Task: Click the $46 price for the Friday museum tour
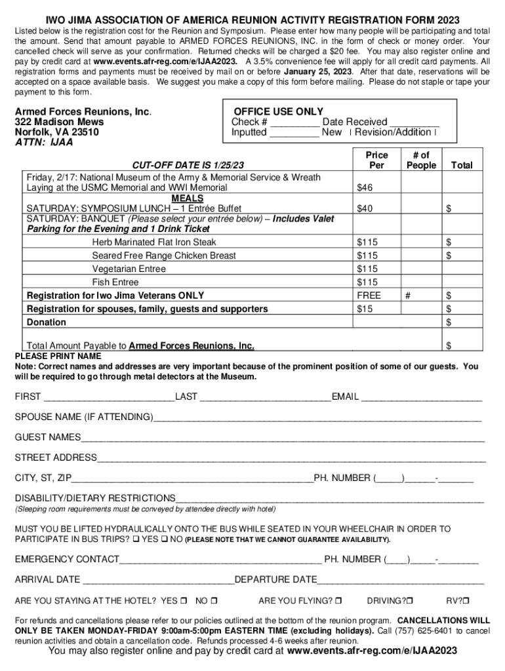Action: (364, 188)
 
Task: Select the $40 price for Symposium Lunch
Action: (364, 209)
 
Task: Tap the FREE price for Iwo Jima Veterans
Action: (369, 296)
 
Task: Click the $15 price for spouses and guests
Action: (364, 309)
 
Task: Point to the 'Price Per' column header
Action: (376, 160)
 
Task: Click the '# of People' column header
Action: (421, 160)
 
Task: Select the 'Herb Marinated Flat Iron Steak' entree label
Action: (153, 242)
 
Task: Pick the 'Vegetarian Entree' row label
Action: (129, 269)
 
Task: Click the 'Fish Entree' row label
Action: (115, 282)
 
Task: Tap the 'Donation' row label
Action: (46, 322)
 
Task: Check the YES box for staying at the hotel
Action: (184, 601)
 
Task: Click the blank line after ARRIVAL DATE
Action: (158, 580)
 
